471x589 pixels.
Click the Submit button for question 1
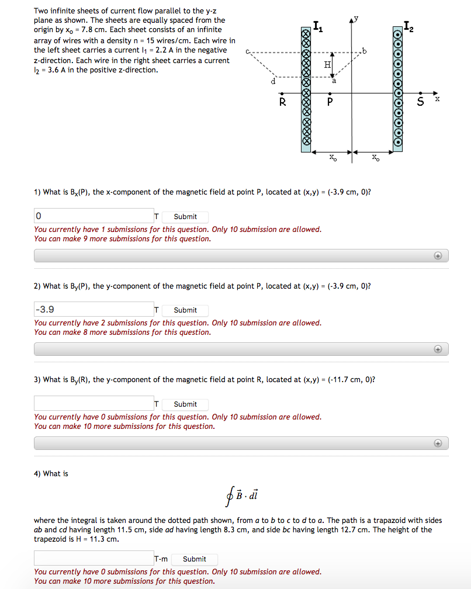[x=185, y=216]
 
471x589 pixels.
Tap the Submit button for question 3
[x=185, y=404]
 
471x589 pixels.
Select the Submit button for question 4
[x=194, y=559]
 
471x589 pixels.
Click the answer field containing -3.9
[x=93, y=310]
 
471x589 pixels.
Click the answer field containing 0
[x=93, y=216]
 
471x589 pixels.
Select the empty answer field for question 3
[x=93, y=404]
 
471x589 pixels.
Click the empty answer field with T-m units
[x=93, y=559]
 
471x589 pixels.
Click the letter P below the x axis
[x=330, y=103]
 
